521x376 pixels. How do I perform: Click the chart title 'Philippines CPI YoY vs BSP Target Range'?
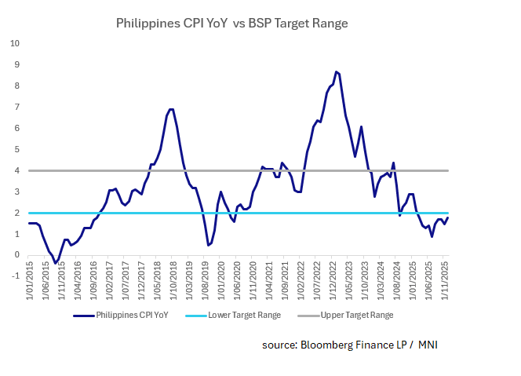click(x=231, y=24)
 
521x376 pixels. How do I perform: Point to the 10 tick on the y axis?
click(x=14, y=42)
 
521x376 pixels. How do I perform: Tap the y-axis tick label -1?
click(x=15, y=276)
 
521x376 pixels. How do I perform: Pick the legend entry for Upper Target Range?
click(x=358, y=315)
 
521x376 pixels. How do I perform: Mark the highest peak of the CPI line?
click(x=336, y=71)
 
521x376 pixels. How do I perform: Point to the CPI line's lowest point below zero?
click(x=55, y=262)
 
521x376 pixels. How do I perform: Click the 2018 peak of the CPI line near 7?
click(x=171, y=109)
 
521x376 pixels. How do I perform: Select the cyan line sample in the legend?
click(x=196, y=315)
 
